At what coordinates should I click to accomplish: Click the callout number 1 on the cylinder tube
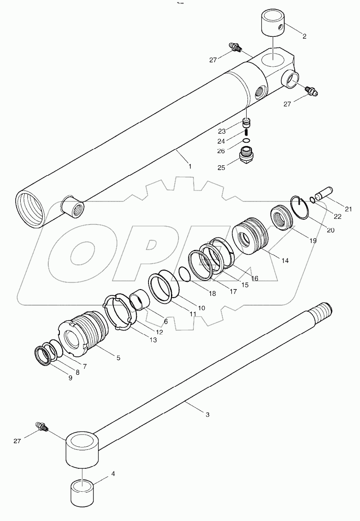(x=190, y=166)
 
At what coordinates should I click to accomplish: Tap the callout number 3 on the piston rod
(x=207, y=414)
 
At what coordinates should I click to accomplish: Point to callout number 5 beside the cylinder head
(x=118, y=358)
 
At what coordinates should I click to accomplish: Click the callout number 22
(x=337, y=216)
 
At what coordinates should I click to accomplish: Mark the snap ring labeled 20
(x=300, y=207)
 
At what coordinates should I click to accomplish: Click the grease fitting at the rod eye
(x=42, y=426)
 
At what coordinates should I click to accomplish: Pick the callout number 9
(x=70, y=378)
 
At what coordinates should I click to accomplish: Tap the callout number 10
(x=201, y=308)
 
